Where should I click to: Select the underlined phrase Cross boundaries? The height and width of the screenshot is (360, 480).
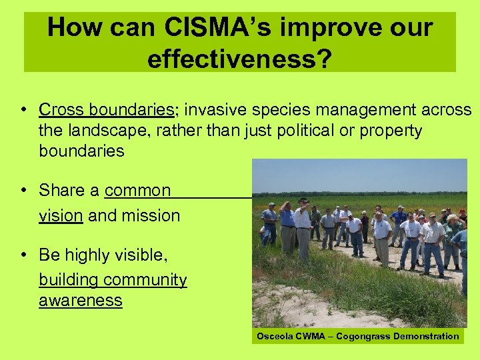pos(107,109)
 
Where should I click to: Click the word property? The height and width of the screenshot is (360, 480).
pos(391,130)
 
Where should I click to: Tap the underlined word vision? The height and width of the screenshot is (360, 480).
pos(61,215)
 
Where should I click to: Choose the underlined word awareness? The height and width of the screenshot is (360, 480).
pos(81,300)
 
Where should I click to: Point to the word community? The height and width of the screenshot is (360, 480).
pos(145,279)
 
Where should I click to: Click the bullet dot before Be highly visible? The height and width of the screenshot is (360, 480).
pos(23,255)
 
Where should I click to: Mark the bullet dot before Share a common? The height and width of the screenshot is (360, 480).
pos(23,190)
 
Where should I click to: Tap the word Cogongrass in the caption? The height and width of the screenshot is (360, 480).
pos(364,337)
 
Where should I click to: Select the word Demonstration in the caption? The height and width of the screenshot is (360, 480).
pos(427,337)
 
